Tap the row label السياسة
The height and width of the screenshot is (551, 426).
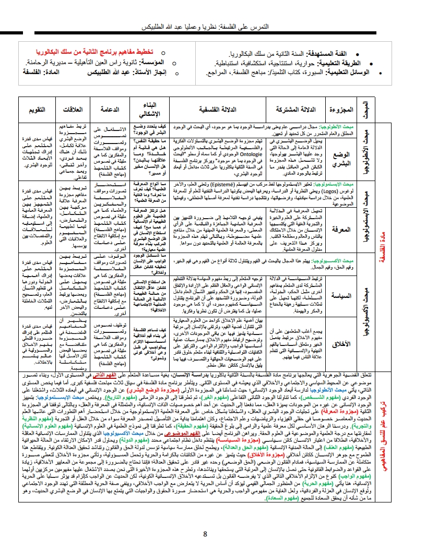pos(343,295)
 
